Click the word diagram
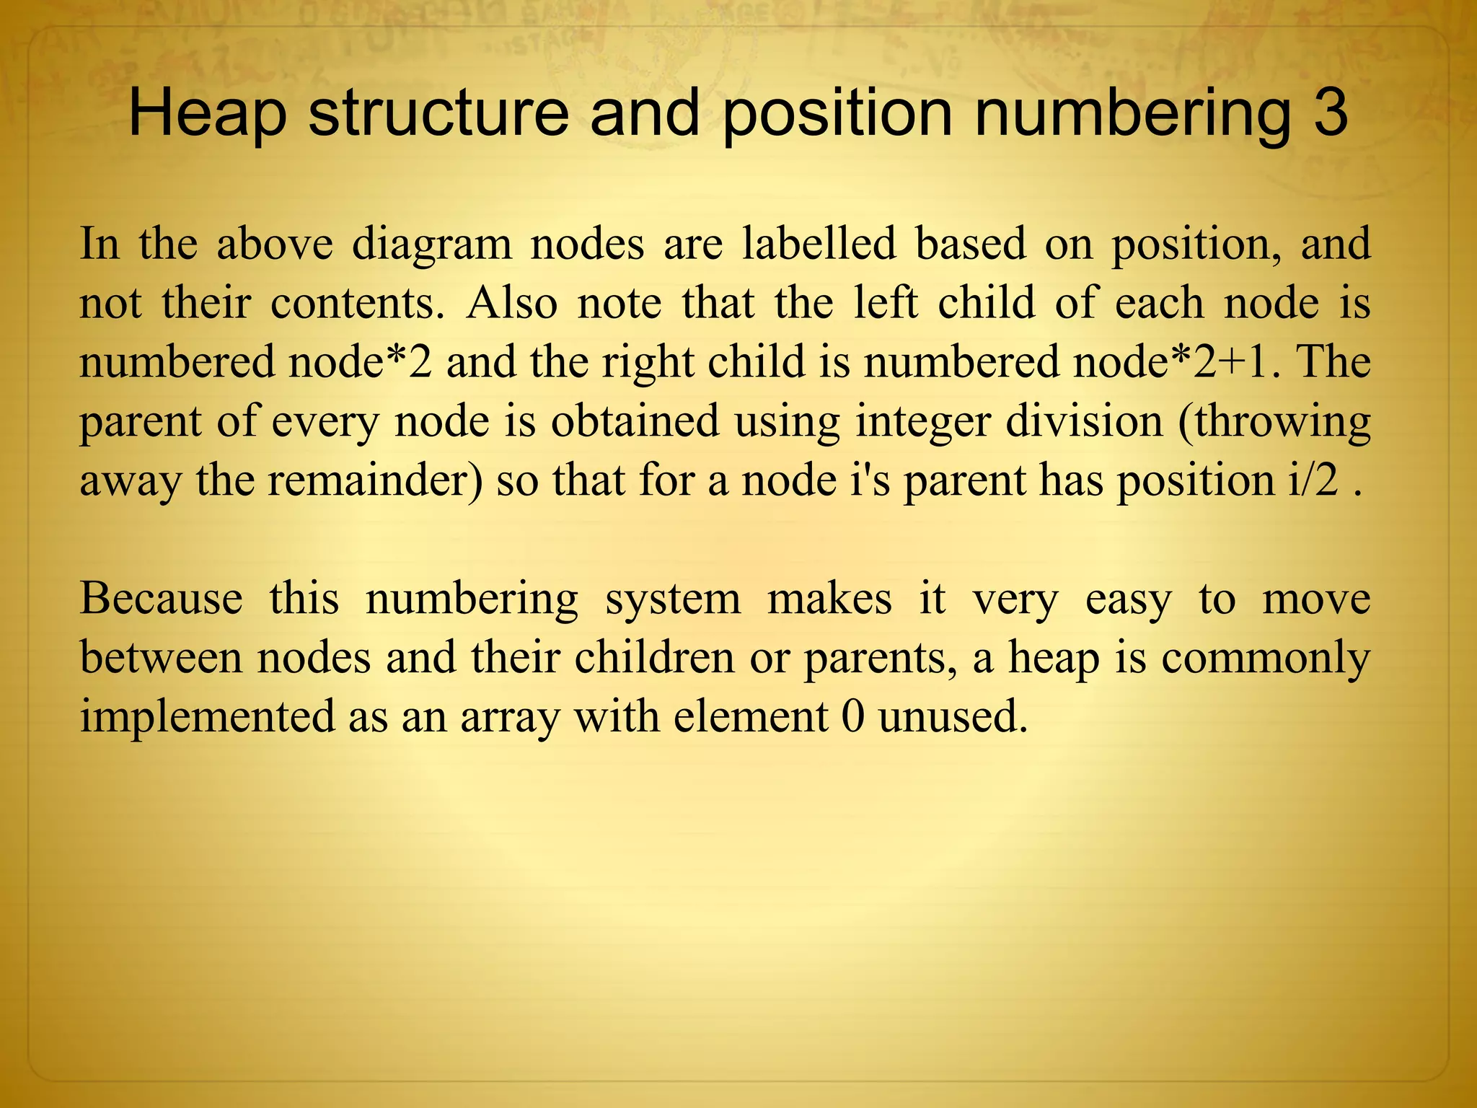click(x=431, y=245)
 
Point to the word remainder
click(x=374, y=480)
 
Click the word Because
click(x=161, y=599)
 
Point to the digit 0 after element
click(x=852, y=717)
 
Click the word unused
click(x=952, y=717)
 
